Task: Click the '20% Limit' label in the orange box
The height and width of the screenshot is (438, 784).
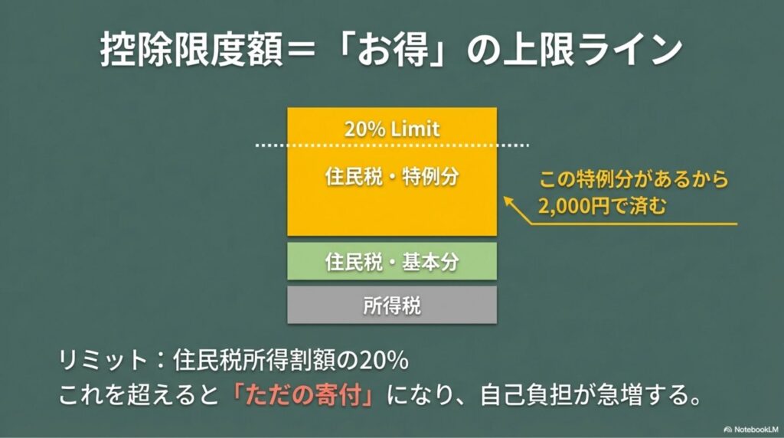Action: [392, 128]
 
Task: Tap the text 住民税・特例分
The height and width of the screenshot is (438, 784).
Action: [391, 175]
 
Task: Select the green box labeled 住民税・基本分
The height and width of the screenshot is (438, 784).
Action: [392, 261]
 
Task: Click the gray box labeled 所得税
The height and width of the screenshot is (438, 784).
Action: [392, 306]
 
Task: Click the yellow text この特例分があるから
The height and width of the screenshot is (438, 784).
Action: [633, 181]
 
